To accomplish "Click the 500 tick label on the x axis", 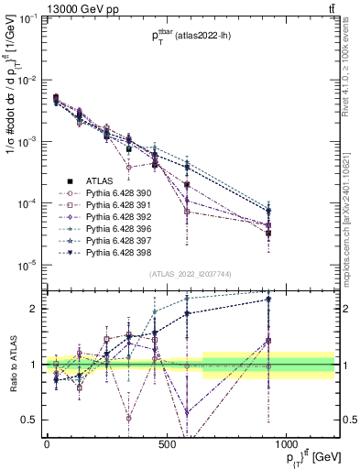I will coord(167,444).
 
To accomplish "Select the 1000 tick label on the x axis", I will coord(286,444).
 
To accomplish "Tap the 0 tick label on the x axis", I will coord(47,444).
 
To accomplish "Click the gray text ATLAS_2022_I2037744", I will coord(190,274).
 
